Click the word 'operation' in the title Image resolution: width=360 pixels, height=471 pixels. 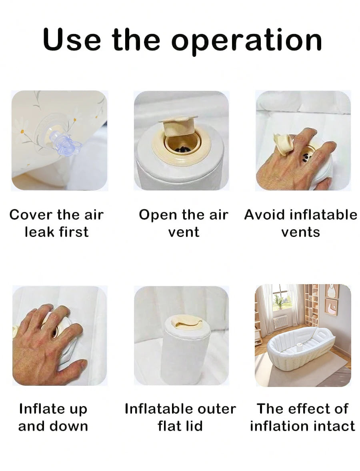coord(247,40)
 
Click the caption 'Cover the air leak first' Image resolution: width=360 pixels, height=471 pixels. coord(56,223)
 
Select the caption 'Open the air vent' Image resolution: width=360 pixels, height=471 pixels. coord(183,223)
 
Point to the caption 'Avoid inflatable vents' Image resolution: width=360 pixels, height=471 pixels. coord(300,223)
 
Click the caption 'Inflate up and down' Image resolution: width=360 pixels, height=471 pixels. coord(53,417)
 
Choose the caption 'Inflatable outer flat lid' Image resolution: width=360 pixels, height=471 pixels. coord(180,417)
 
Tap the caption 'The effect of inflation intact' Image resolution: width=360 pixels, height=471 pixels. coord(302,417)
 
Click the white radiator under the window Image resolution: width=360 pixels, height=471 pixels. coord(281,321)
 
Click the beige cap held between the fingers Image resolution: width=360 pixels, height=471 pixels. coord(282,144)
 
